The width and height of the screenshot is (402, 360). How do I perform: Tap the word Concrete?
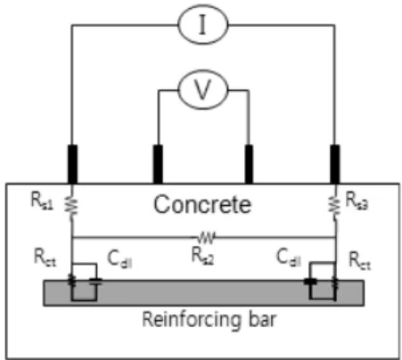click(x=202, y=204)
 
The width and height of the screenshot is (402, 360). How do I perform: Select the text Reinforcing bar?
click(x=209, y=320)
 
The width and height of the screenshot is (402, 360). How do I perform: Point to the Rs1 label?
click(x=42, y=200)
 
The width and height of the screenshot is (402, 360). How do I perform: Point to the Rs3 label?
click(x=357, y=200)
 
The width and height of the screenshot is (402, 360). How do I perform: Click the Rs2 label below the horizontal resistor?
click(x=202, y=256)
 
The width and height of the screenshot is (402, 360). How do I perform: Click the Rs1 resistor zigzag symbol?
click(x=71, y=206)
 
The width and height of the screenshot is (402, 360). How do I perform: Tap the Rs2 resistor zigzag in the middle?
click(x=206, y=238)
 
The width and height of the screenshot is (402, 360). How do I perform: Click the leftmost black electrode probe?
click(x=72, y=164)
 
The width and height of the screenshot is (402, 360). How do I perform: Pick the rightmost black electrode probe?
click(x=335, y=164)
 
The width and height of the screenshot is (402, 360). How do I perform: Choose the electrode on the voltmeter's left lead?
click(x=158, y=164)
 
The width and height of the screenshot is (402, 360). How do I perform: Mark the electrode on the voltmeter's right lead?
click(x=249, y=164)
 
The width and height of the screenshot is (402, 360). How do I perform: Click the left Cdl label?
click(x=119, y=259)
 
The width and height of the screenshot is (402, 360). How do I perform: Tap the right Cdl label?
click(x=289, y=258)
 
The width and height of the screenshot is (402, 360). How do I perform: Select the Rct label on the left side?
click(x=45, y=258)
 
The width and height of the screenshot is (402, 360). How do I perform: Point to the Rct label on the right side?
click(x=359, y=260)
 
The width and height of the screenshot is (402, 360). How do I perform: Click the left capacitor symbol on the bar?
click(x=96, y=282)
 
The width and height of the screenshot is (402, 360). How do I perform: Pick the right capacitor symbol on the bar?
click(x=310, y=282)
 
